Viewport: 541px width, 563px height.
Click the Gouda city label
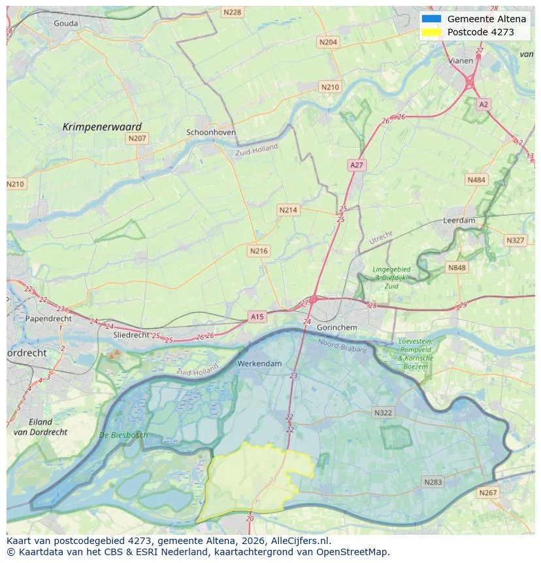pyautogui.click(x=65, y=24)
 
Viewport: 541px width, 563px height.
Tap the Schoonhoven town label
pyautogui.click(x=211, y=132)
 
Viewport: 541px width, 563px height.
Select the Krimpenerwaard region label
pyautogui.click(x=102, y=127)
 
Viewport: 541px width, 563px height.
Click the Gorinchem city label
pyautogui.click(x=336, y=327)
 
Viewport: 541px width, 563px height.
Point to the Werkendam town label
pyautogui.click(x=260, y=364)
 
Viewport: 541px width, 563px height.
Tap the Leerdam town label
pyautogui.click(x=459, y=221)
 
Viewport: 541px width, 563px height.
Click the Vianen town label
pyautogui.click(x=461, y=61)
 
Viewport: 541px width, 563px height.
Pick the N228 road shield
pyautogui.click(x=231, y=12)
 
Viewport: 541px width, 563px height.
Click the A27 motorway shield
pyautogui.click(x=356, y=165)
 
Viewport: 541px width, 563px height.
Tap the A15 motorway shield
pyautogui.click(x=257, y=316)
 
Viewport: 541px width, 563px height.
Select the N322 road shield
pyautogui.click(x=383, y=413)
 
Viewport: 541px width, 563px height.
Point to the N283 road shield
pyautogui.click(x=433, y=482)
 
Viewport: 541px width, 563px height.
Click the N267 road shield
pyautogui.click(x=487, y=492)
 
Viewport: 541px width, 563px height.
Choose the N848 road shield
pyautogui.click(x=457, y=267)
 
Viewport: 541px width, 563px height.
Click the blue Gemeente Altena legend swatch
pyautogui.click(x=432, y=19)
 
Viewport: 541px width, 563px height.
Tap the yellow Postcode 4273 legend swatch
pyautogui.click(x=432, y=32)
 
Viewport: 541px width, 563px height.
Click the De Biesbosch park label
pyautogui.click(x=123, y=435)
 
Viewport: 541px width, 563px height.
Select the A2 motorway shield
pyautogui.click(x=483, y=105)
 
